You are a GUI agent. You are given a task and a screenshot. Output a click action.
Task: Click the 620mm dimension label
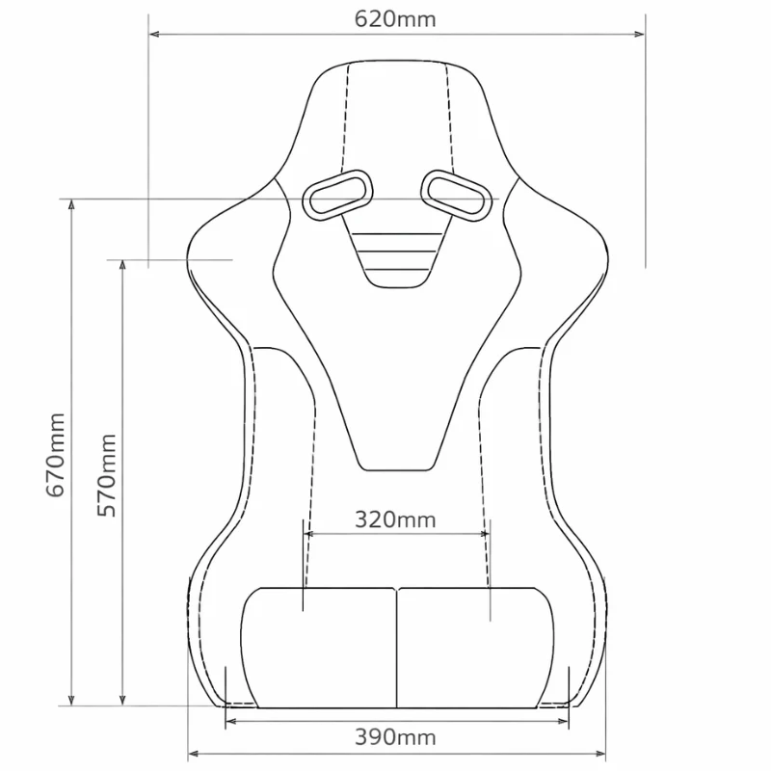396,18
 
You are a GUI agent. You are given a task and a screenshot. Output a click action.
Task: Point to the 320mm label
395,520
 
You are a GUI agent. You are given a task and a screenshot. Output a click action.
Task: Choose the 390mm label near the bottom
396,738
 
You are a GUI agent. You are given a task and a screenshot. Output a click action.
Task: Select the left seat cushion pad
318,646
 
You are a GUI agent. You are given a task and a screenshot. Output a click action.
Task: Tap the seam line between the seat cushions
397,646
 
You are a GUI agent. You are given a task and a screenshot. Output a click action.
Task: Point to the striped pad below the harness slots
396,255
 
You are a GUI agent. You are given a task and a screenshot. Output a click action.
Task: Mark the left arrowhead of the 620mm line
152,35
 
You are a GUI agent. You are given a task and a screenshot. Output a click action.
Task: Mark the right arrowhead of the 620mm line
641,35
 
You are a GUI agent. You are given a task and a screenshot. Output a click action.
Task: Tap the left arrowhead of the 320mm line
308,533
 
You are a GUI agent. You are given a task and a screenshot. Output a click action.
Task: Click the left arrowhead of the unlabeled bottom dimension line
191,753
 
